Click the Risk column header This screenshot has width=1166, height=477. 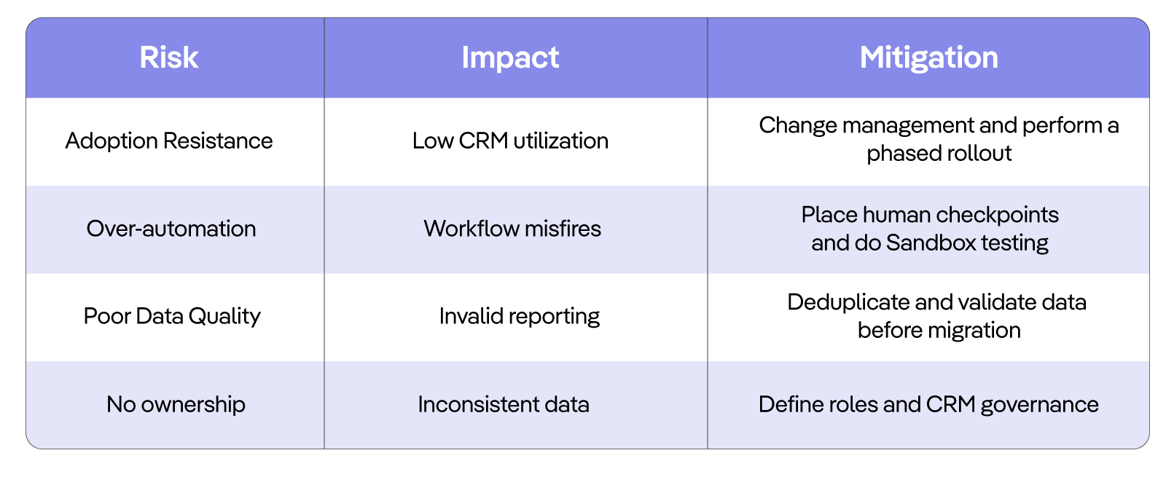pyautogui.click(x=168, y=58)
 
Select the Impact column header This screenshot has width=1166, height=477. pyautogui.click(x=510, y=58)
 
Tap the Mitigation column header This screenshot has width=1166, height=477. pyautogui.click(x=928, y=58)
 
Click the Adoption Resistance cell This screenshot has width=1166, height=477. pyautogui.click(x=168, y=141)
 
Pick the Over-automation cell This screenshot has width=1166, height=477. pyautogui.click(x=171, y=229)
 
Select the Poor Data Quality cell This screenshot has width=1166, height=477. pyautogui.click(x=172, y=316)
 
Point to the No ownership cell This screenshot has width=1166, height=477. pyautogui.click(x=176, y=404)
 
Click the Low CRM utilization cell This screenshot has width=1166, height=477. pyautogui.click(x=510, y=141)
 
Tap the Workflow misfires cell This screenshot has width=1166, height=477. pyautogui.click(x=512, y=229)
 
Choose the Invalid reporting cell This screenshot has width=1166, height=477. pyautogui.click(x=519, y=316)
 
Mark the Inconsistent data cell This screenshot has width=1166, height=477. pyautogui.click(x=504, y=404)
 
